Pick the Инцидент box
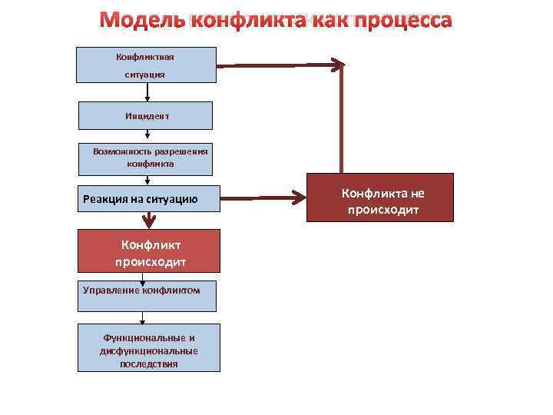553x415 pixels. (x=147, y=115)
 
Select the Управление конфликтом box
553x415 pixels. (x=146, y=294)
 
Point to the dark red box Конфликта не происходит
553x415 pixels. (x=381, y=198)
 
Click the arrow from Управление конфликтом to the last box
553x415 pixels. (x=143, y=317)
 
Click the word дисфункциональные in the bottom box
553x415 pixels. (x=148, y=351)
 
